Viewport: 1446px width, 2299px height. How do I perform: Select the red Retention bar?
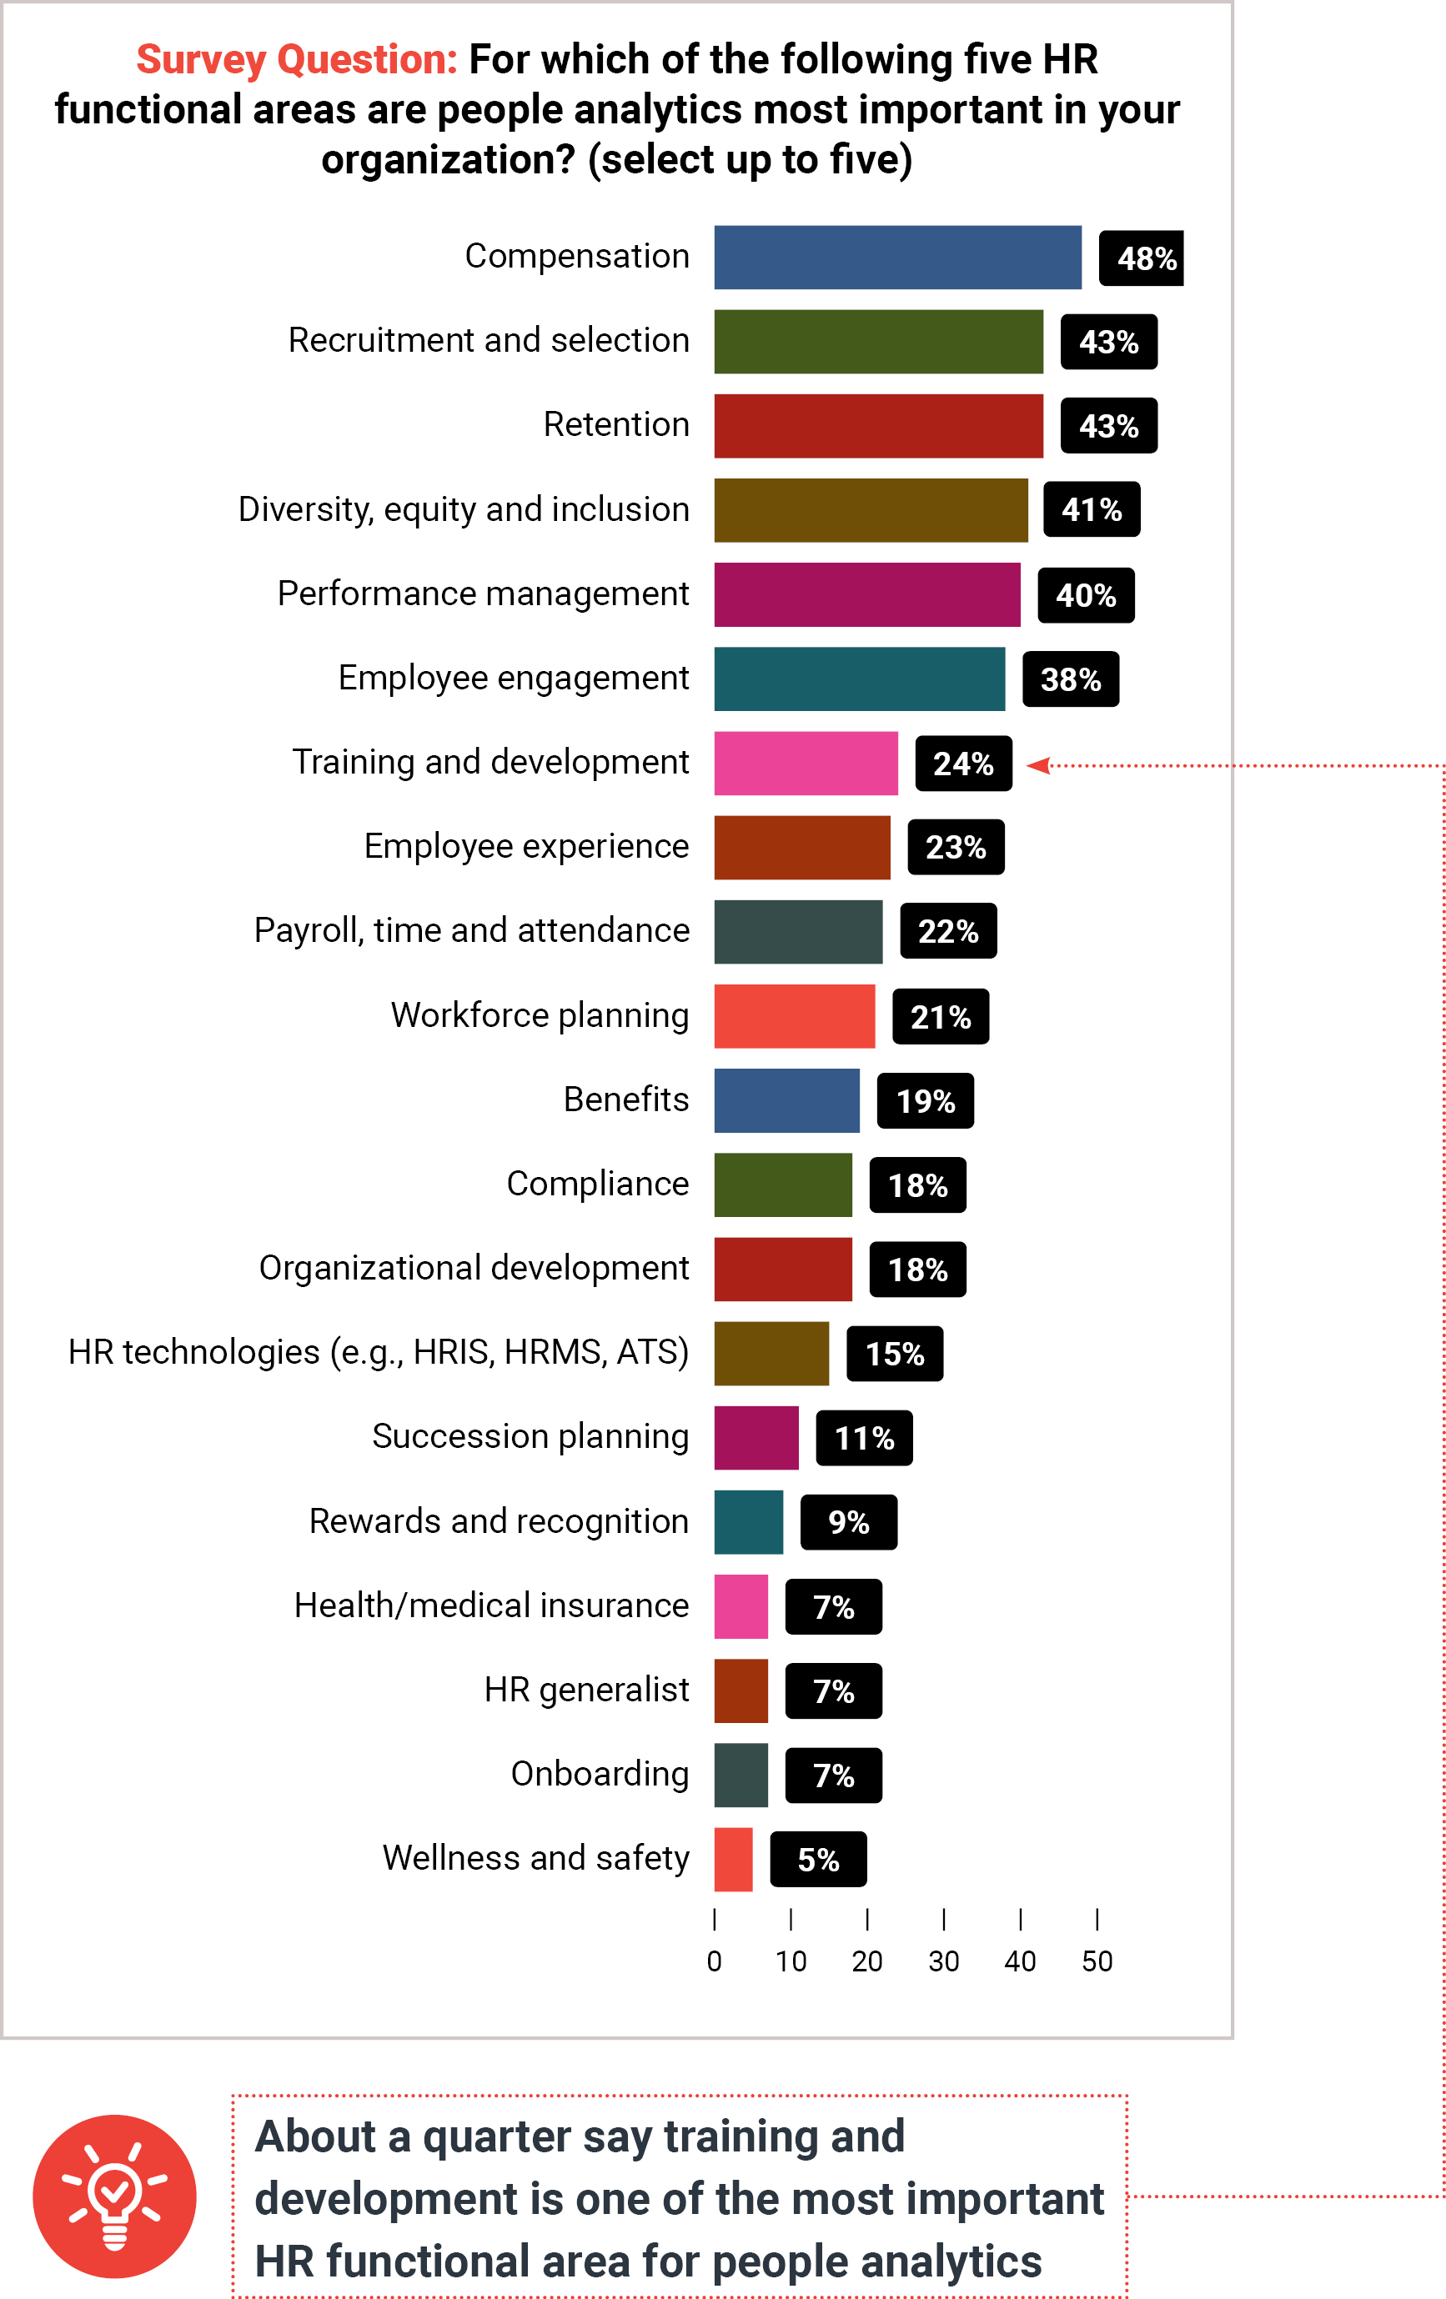(878, 426)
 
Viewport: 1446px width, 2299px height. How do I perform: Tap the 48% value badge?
(1142, 258)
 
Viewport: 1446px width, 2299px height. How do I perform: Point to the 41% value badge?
(1091, 510)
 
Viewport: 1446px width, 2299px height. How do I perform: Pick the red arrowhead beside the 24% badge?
(1038, 764)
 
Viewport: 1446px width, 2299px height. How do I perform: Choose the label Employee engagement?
(513, 678)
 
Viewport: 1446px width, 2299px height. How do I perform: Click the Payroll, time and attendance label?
(472, 931)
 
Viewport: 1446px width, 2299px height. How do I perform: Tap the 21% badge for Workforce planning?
(940, 1017)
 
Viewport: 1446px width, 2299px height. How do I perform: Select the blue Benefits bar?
(786, 1099)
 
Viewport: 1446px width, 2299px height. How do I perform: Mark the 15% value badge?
(894, 1354)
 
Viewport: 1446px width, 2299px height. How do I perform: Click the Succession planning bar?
(756, 1438)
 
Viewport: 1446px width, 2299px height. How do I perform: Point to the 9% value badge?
(848, 1523)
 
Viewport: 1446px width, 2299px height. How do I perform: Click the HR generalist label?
(586, 1690)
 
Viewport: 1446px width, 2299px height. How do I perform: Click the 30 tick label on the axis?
(944, 1961)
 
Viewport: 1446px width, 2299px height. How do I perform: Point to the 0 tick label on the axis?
(715, 1961)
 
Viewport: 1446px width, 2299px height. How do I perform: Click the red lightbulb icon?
(114, 2196)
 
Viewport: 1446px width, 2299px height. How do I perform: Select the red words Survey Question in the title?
(297, 59)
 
